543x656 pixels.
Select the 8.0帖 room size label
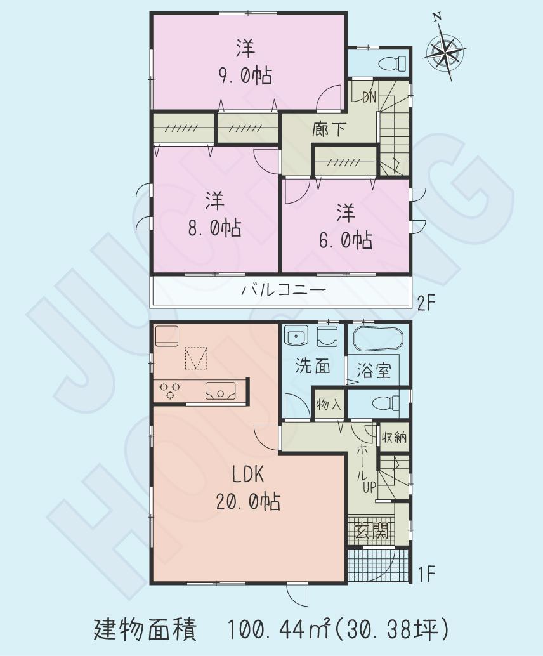[214, 228]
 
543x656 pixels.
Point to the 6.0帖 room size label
[345, 240]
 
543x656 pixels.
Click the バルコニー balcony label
[283, 291]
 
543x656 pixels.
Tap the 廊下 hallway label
[329, 129]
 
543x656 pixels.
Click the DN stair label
[369, 97]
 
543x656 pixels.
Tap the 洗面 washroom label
[313, 367]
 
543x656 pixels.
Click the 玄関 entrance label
[377, 532]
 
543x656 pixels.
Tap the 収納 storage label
[394, 438]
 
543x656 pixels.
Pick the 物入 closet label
[329, 403]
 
